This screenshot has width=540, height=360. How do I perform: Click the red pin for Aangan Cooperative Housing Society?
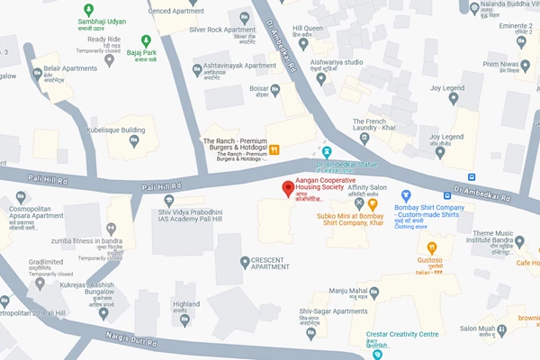tap(287, 189)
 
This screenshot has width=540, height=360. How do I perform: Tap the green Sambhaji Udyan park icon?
tap(88, 9)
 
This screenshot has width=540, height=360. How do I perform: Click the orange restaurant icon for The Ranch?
tap(275, 149)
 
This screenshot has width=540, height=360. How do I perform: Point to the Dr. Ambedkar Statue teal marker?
tap(327, 151)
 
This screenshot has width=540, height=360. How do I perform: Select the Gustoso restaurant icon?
tap(433, 247)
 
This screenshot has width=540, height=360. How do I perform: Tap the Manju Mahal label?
tap(347, 291)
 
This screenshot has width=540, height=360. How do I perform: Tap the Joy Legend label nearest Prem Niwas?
tap(445, 88)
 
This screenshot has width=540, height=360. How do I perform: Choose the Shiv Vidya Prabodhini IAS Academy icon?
tap(168, 200)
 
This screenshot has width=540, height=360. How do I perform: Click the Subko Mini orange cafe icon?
tap(373, 206)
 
